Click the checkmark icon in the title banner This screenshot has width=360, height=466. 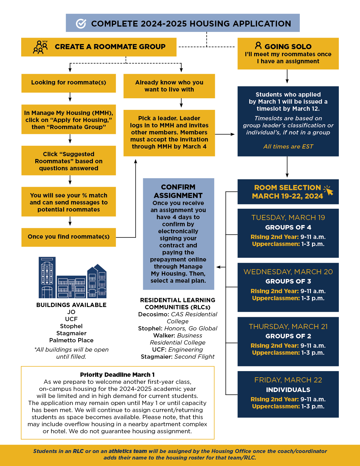tap(81, 24)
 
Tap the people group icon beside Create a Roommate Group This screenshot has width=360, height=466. tap(40, 47)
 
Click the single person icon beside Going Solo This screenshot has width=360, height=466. tap(258, 45)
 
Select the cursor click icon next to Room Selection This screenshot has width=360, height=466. tap(328, 190)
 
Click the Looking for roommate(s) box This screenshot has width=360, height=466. tap(69, 83)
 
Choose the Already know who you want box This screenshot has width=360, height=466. tap(169, 86)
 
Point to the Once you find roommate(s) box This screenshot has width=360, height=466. tap(69, 237)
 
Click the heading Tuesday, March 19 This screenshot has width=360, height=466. tap(288, 217)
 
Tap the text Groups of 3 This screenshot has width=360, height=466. tap(288, 281)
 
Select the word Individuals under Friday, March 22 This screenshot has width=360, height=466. tap(288, 390)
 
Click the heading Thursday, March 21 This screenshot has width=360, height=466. tap(288, 326)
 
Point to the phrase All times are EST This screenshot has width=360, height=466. tap(288, 147)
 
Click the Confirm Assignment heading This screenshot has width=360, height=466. tap(178, 191)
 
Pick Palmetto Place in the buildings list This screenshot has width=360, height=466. tap(71, 340)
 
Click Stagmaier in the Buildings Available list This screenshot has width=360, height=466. tap(71, 333)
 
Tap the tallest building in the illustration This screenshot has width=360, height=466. tap(47, 277)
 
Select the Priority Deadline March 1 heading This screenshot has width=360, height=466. tap(117, 375)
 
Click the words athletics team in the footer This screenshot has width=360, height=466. tap(128, 451)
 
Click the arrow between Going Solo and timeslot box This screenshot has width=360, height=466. tap(287, 77)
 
